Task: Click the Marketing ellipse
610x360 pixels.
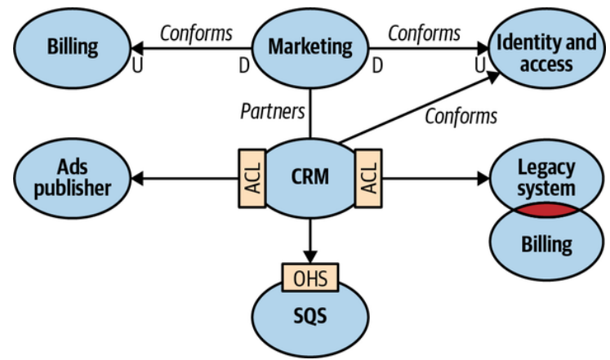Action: click(310, 45)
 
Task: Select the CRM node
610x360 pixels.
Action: click(310, 175)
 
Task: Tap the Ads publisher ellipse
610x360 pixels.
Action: click(72, 176)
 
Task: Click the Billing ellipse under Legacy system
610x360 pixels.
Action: click(545, 243)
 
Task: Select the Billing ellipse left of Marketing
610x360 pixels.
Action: click(72, 46)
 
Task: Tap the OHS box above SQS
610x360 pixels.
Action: click(309, 278)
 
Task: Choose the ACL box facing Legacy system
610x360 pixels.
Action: click(369, 176)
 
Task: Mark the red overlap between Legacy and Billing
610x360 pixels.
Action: click(545, 210)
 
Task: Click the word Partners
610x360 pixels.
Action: click(272, 110)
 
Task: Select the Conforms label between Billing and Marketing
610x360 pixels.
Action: click(196, 33)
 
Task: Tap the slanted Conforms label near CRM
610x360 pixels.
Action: click(461, 116)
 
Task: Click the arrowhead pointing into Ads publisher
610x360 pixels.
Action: click(137, 176)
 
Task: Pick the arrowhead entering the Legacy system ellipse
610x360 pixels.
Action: click(483, 176)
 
